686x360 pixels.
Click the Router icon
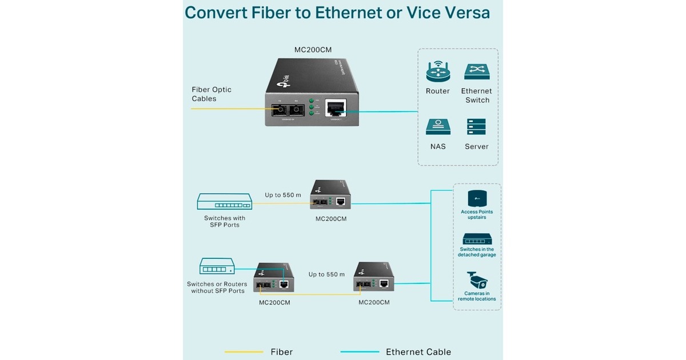pos(438,73)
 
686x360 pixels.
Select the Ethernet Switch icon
pos(477,72)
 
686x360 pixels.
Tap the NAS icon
pos(438,127)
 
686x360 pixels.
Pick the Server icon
pos(476,127)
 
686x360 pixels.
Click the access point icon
pos(477,198)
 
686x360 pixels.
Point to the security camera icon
pos(477,280)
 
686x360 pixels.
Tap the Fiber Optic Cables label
pos(212,94)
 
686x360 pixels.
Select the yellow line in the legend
pos(244,352)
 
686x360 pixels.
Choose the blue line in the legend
pos(360,352)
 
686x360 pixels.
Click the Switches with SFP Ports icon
pos(224,201)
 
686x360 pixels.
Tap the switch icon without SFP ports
pos(217,266)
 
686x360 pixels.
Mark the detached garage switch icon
pos(477,239)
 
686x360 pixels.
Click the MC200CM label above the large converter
pos(313,50)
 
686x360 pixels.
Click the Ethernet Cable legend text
pos(418,352)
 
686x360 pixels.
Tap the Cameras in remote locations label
pos(477,296)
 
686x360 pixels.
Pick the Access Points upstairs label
pos(477,215)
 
